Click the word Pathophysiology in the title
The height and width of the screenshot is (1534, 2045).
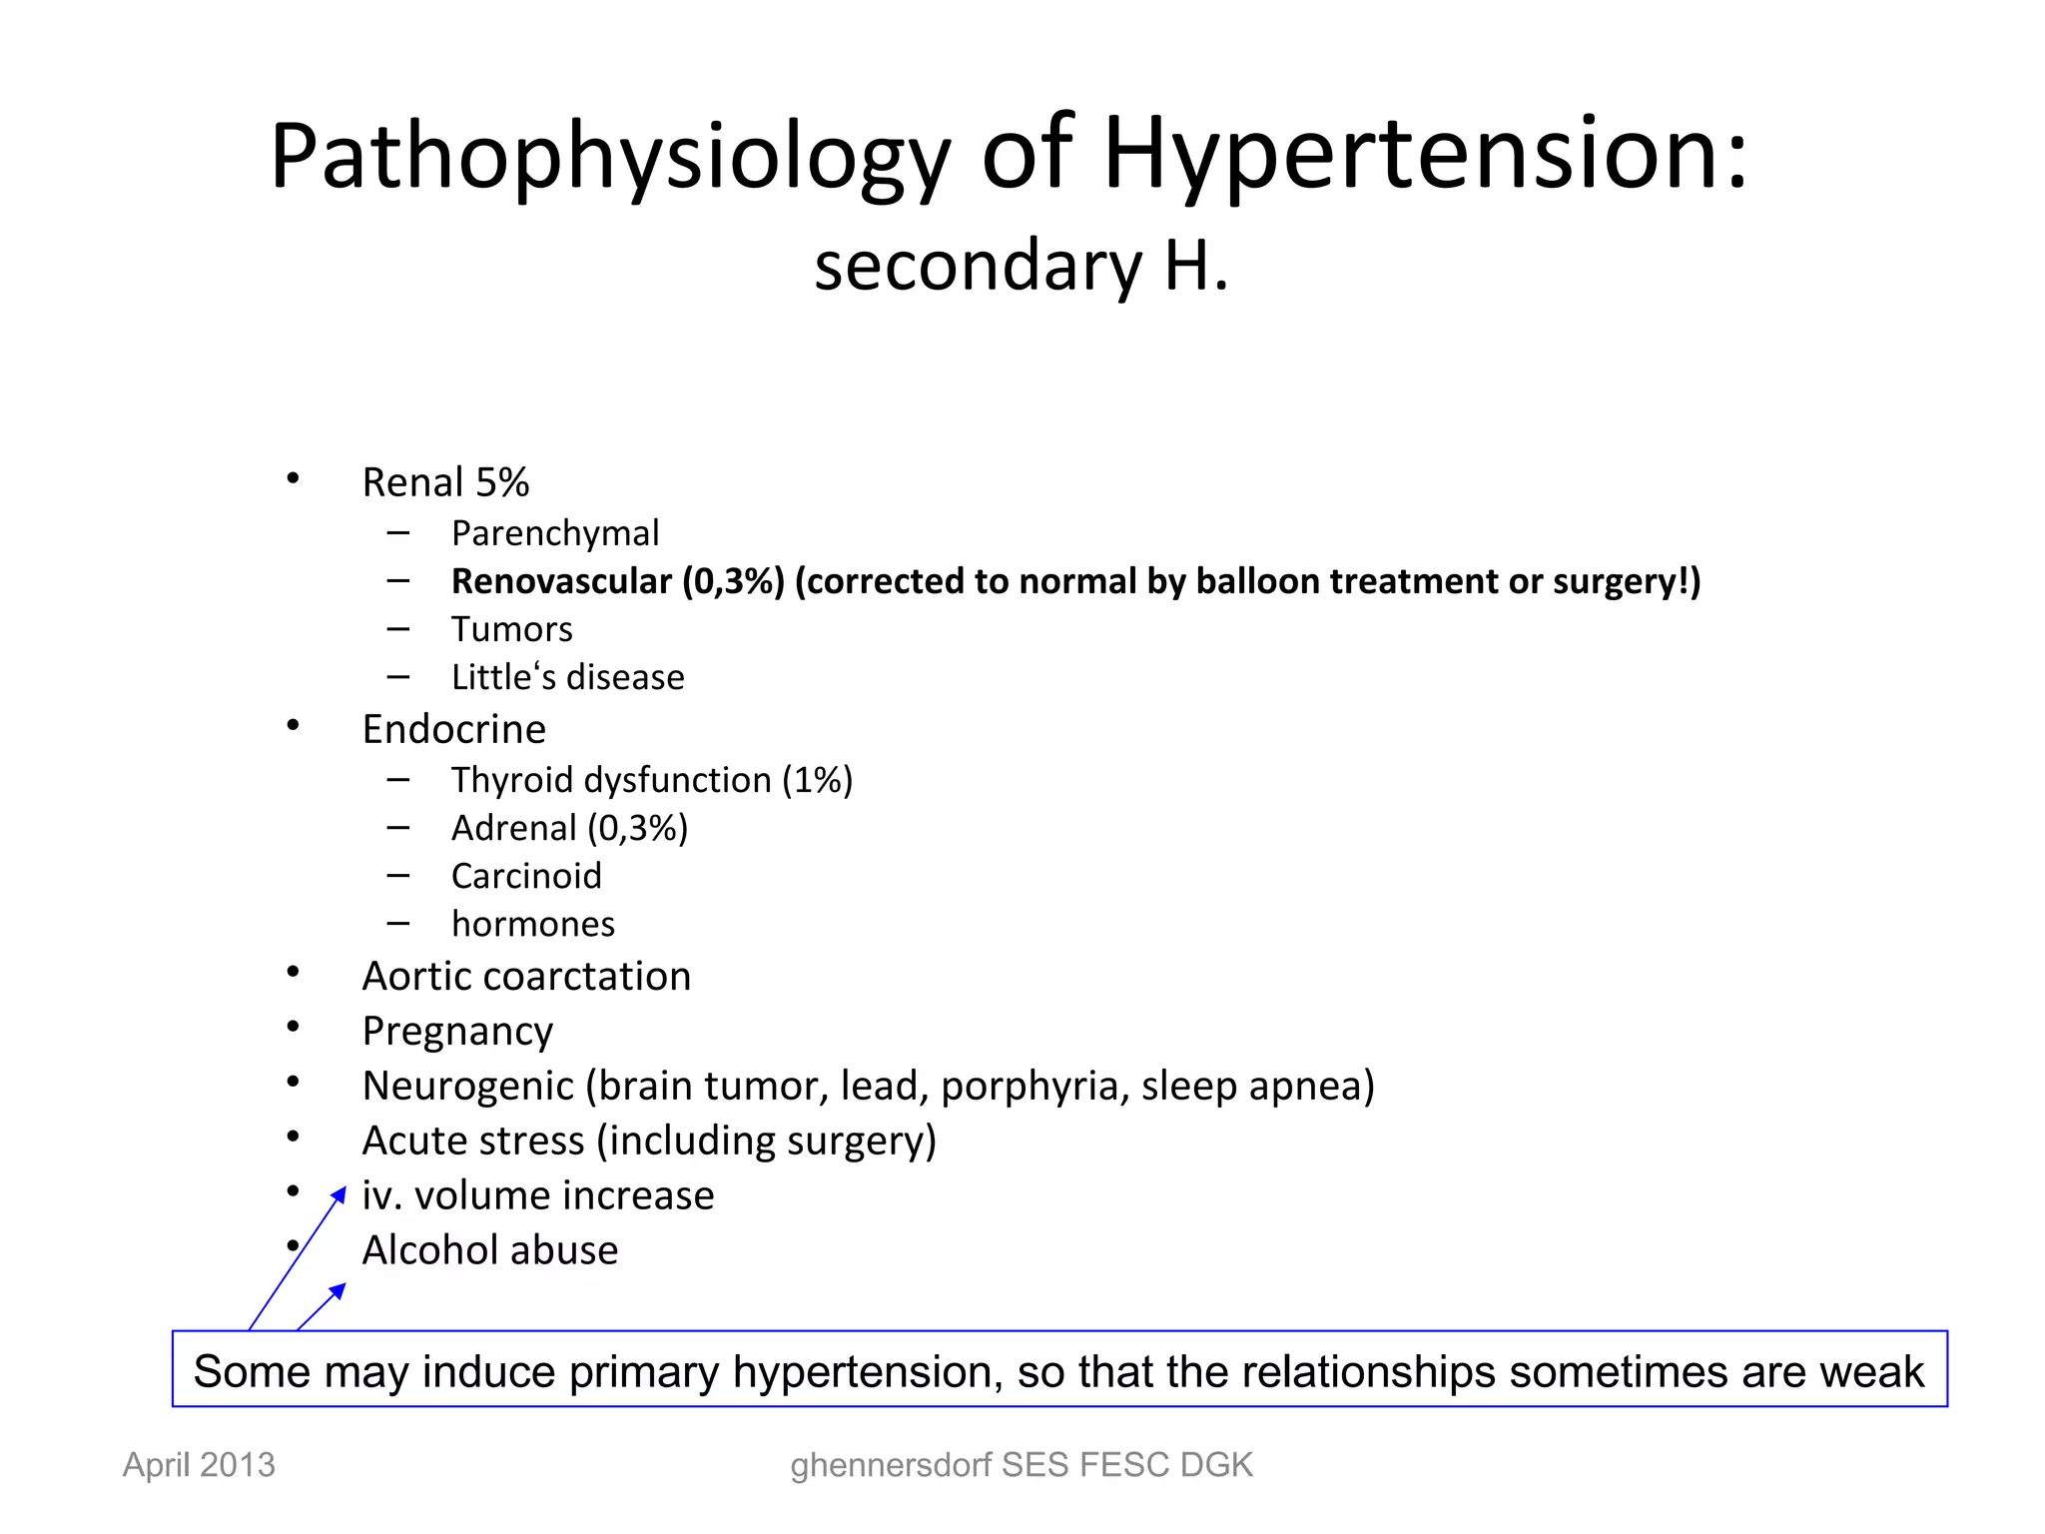point(609,157)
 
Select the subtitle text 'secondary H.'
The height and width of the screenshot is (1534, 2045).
point(1021,267)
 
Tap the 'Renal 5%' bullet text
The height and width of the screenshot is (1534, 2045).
point(445,482)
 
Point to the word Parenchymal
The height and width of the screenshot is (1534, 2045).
point(555,533)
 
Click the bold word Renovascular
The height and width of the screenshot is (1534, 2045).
point(561,581)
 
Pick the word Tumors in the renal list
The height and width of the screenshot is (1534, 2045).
point(511,629)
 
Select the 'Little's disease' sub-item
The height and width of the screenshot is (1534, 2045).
point(567,677)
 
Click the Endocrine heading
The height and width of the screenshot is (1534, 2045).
point(453,729)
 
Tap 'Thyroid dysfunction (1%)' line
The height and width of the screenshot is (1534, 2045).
point(651,780)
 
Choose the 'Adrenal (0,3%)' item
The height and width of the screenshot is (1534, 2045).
point(569,828)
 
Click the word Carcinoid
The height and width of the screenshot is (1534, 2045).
point(526,876)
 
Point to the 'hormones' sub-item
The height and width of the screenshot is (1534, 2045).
point(532,924)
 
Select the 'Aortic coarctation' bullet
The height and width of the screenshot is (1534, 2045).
point(526,976)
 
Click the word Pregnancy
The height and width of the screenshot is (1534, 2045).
point(457,1031)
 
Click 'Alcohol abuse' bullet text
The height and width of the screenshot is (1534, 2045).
point(489,1250)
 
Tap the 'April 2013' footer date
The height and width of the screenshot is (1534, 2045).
point(199,1465)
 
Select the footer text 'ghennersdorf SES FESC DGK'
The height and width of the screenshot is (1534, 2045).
point(1021,1465)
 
